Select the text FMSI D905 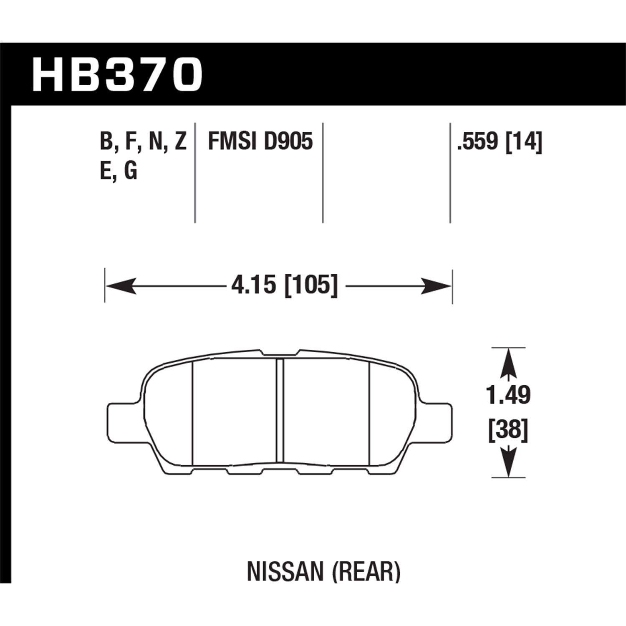(260, 141)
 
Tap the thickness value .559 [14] (500, 141)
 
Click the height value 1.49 (508, 395)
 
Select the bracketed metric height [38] (508, 430)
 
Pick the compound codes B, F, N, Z (143, 141)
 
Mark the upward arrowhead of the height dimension (508, 363)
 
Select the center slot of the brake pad (280, 411)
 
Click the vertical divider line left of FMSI (195, 173)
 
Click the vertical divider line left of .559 (450, 173)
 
